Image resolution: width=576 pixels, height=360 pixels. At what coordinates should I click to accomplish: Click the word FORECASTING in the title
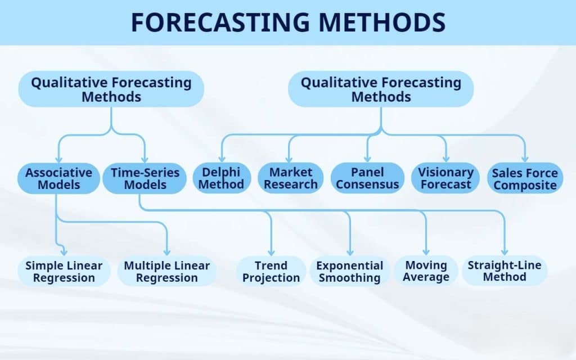click(219, 22)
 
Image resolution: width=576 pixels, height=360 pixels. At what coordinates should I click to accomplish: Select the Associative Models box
click(58, 178)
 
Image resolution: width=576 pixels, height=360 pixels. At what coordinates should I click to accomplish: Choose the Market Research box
click(290, 178)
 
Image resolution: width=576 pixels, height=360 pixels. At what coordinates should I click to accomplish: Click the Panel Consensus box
click(367, 178)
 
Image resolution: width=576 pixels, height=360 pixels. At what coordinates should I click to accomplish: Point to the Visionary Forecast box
click(446, 178)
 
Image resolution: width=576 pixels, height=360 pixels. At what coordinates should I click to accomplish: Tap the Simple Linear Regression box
click(64, 271)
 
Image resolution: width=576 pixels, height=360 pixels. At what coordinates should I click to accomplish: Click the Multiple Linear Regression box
click(166, 271)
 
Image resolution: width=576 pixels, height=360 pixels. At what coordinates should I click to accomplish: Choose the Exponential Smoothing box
click(349, 271)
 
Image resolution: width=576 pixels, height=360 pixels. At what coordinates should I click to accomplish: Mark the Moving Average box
click(426, 271)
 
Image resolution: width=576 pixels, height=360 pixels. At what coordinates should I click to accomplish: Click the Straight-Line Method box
click(504, 271)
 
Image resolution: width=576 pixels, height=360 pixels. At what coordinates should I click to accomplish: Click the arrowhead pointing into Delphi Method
click(222, 159)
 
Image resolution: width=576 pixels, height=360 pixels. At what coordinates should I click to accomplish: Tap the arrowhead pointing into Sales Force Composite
click(524, 159)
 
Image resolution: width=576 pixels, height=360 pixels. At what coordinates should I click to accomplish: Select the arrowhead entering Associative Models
click(58, 159)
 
